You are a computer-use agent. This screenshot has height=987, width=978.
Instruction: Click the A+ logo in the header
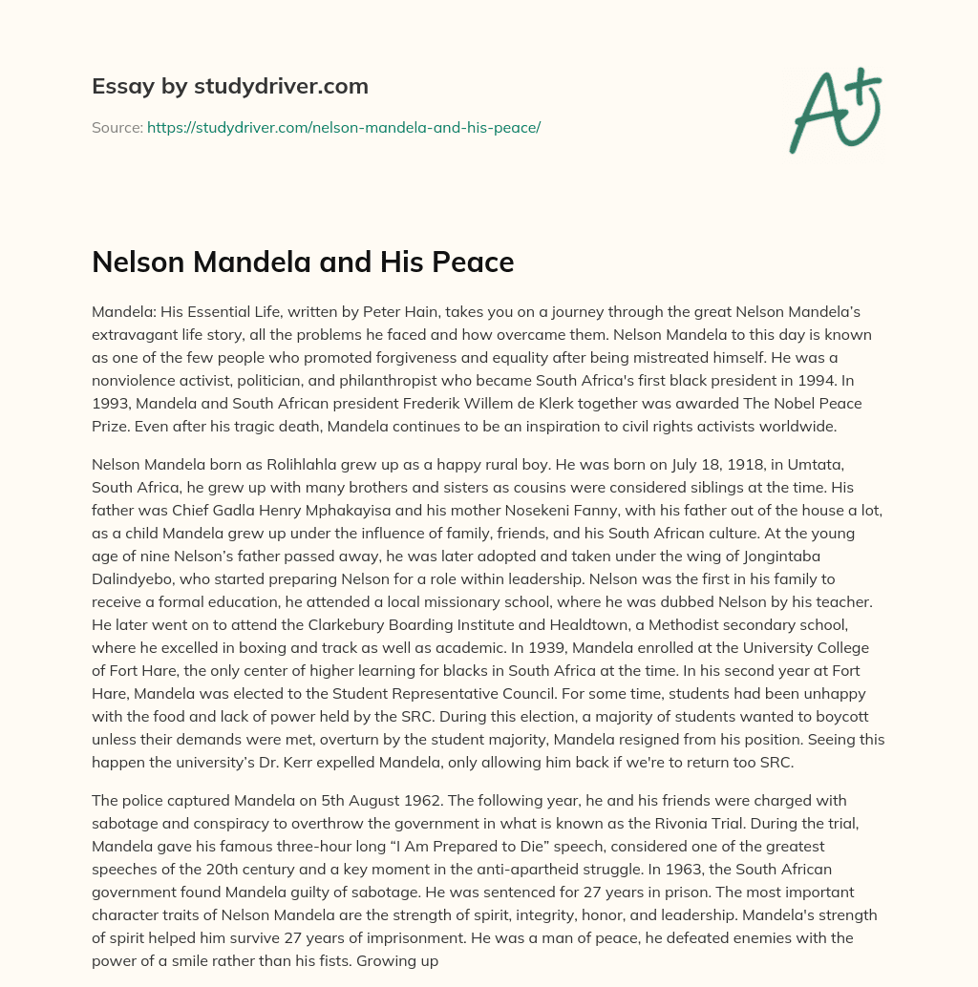click(x=835, y=112)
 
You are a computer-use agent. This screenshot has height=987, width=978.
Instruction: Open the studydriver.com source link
click(x=344, y=127)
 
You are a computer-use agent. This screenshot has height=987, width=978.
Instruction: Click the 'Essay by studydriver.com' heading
click(x=230, y=86)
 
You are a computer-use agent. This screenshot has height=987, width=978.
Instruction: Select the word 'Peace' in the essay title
click(x=473, y=262)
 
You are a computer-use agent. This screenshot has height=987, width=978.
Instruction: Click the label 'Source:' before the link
click(x=117, y=127)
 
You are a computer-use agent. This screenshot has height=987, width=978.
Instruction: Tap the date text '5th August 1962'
click(x=362, y=800)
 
